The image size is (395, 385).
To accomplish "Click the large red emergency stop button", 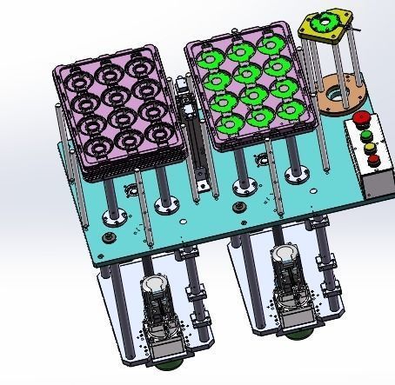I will [x=360, y=118].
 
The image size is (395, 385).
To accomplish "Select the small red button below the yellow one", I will [x=372, y=159].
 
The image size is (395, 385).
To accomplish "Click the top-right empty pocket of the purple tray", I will [x=136, y=67].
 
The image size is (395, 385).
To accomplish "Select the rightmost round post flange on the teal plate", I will [x=297, y=174].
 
